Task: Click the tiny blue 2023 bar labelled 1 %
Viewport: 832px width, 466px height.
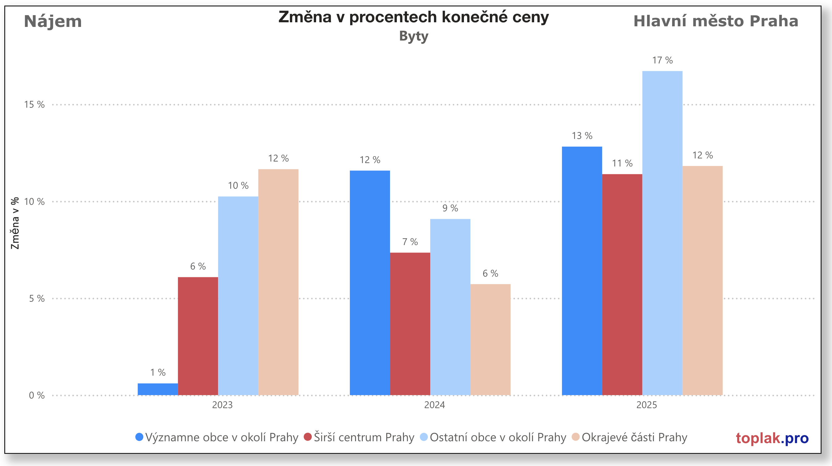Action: pos(158,389)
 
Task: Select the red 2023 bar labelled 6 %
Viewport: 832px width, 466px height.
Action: pos(198,336)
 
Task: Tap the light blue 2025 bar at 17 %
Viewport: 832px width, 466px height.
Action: pos(662,233)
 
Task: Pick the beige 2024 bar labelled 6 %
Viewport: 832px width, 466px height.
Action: pos(490,339)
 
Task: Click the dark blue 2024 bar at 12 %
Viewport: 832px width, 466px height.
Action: pos(370,283)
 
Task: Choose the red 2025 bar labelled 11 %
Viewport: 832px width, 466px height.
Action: pos(622,284)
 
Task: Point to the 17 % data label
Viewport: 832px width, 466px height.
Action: pos(662,60)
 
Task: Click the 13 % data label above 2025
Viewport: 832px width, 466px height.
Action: pos(582,136)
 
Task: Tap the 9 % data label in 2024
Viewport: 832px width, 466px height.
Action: pos(450,208)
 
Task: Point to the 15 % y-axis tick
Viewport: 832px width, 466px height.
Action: pos(34,105)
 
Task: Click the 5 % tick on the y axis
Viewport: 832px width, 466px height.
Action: pos(37,299)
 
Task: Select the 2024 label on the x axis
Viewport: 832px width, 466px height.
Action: pos(435,405)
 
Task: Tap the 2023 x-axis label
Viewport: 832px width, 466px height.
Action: pos(222,405)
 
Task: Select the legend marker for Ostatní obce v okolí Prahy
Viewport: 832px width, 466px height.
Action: pos(424,437)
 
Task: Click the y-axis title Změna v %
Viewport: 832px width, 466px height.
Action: pos(15,223)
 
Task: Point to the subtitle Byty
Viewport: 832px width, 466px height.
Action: pos(414,36)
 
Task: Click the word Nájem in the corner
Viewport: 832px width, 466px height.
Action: pos(53,21)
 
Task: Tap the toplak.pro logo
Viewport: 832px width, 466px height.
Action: pos(772,438)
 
